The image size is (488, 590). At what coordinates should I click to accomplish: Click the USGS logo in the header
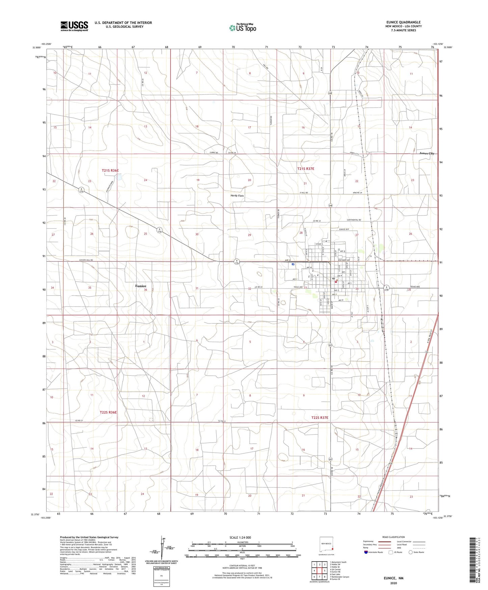(74, 26)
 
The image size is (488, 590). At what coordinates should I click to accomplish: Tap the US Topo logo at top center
(242, 28)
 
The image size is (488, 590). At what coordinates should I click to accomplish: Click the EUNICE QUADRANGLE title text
(404, 22)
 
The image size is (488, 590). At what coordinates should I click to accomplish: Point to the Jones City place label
(427, 153)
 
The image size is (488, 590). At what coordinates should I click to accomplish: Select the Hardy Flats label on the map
(237, 196)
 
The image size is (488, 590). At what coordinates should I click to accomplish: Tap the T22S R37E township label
(319, 418)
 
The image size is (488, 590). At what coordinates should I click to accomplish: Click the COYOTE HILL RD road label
(86, 260)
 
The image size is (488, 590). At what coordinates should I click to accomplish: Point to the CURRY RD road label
(214, 153)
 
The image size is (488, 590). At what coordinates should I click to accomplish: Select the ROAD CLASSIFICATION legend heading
(393, 537)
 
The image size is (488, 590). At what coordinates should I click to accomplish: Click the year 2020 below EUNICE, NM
(393, 583)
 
